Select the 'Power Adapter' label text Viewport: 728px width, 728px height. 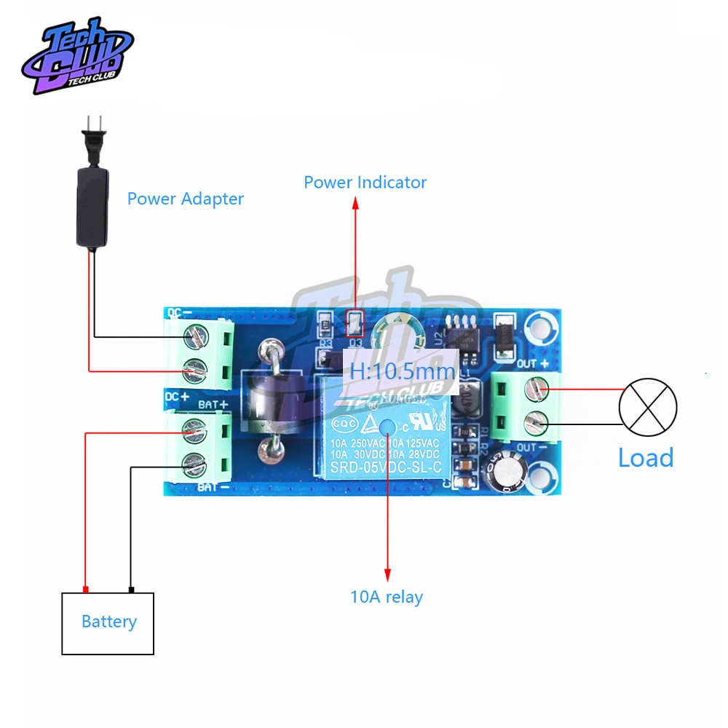pyautogui.click(x=185, y=198)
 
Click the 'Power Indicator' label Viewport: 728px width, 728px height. pyautogui.click(x=365, y=182)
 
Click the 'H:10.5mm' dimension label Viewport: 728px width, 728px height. pyautogui.click(x=401, y=371)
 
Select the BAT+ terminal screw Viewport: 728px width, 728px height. pyautogui.click(x=194, y=428)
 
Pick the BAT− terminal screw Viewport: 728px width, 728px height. pyautogui.click(x=194, y=461)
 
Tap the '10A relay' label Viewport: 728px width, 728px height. pyautogui.click(x=387, y=598)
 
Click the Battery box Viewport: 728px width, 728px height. pyautogui.click(x=108, y=622)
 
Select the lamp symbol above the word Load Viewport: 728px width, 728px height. pyautogui.click(x=648, y=406)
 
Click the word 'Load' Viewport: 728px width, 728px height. pyautogui.click(x=646, y=458)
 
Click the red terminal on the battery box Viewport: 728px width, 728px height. pyautogui.click(x=86, y=589)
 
